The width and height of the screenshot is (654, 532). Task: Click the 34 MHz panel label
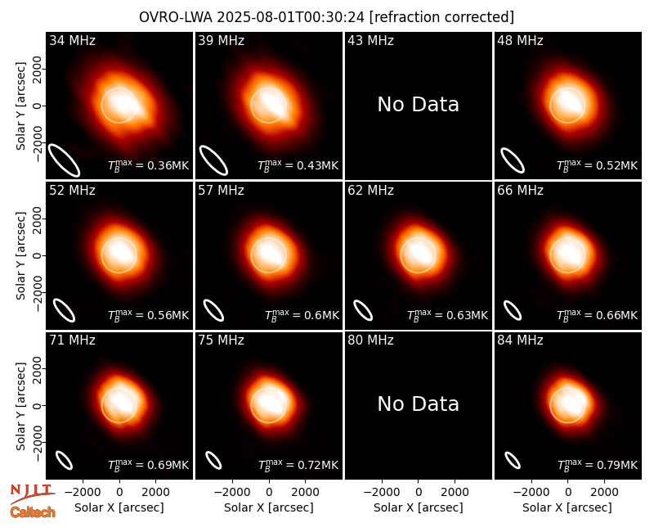(x=72, y=40)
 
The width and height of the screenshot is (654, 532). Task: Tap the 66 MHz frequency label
(x=520, y=191)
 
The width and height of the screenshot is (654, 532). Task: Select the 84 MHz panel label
(x=520, y=340)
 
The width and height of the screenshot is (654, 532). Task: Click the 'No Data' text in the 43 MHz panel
(x=419, y=105)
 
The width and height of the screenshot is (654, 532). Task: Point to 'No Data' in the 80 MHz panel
(x=419, y=404)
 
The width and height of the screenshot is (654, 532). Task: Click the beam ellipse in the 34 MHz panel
(x=64, y=160)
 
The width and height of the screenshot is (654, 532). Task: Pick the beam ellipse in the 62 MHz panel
(x=363, y=310)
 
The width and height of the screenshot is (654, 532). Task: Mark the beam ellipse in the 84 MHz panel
(x=513, y=460)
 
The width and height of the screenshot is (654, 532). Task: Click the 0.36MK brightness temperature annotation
(x=149, y=165)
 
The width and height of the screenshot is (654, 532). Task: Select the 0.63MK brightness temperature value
(x=447, y=315)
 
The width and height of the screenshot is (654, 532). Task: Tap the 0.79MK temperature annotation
(x=598, y=464)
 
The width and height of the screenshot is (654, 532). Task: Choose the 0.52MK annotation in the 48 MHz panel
(x=598, y=165)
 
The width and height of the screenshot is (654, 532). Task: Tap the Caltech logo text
(x=33, y=512)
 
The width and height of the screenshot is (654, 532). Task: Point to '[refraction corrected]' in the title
(x=441, y=17)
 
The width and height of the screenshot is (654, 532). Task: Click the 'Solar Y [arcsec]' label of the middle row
(x=20, y=255)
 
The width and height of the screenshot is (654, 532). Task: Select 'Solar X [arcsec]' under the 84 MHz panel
(x=567, y=507)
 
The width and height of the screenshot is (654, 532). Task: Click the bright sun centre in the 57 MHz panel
(x=269, y=253)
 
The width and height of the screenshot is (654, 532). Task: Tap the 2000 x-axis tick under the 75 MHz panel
(x=305, y=492)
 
